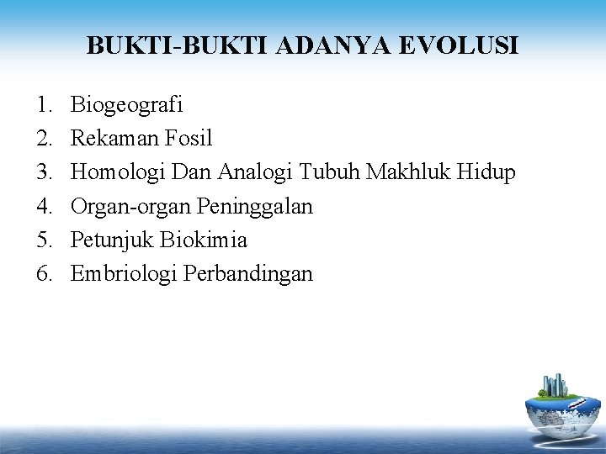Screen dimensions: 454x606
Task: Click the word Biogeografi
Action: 127,106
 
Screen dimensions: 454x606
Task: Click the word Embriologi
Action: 120,274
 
